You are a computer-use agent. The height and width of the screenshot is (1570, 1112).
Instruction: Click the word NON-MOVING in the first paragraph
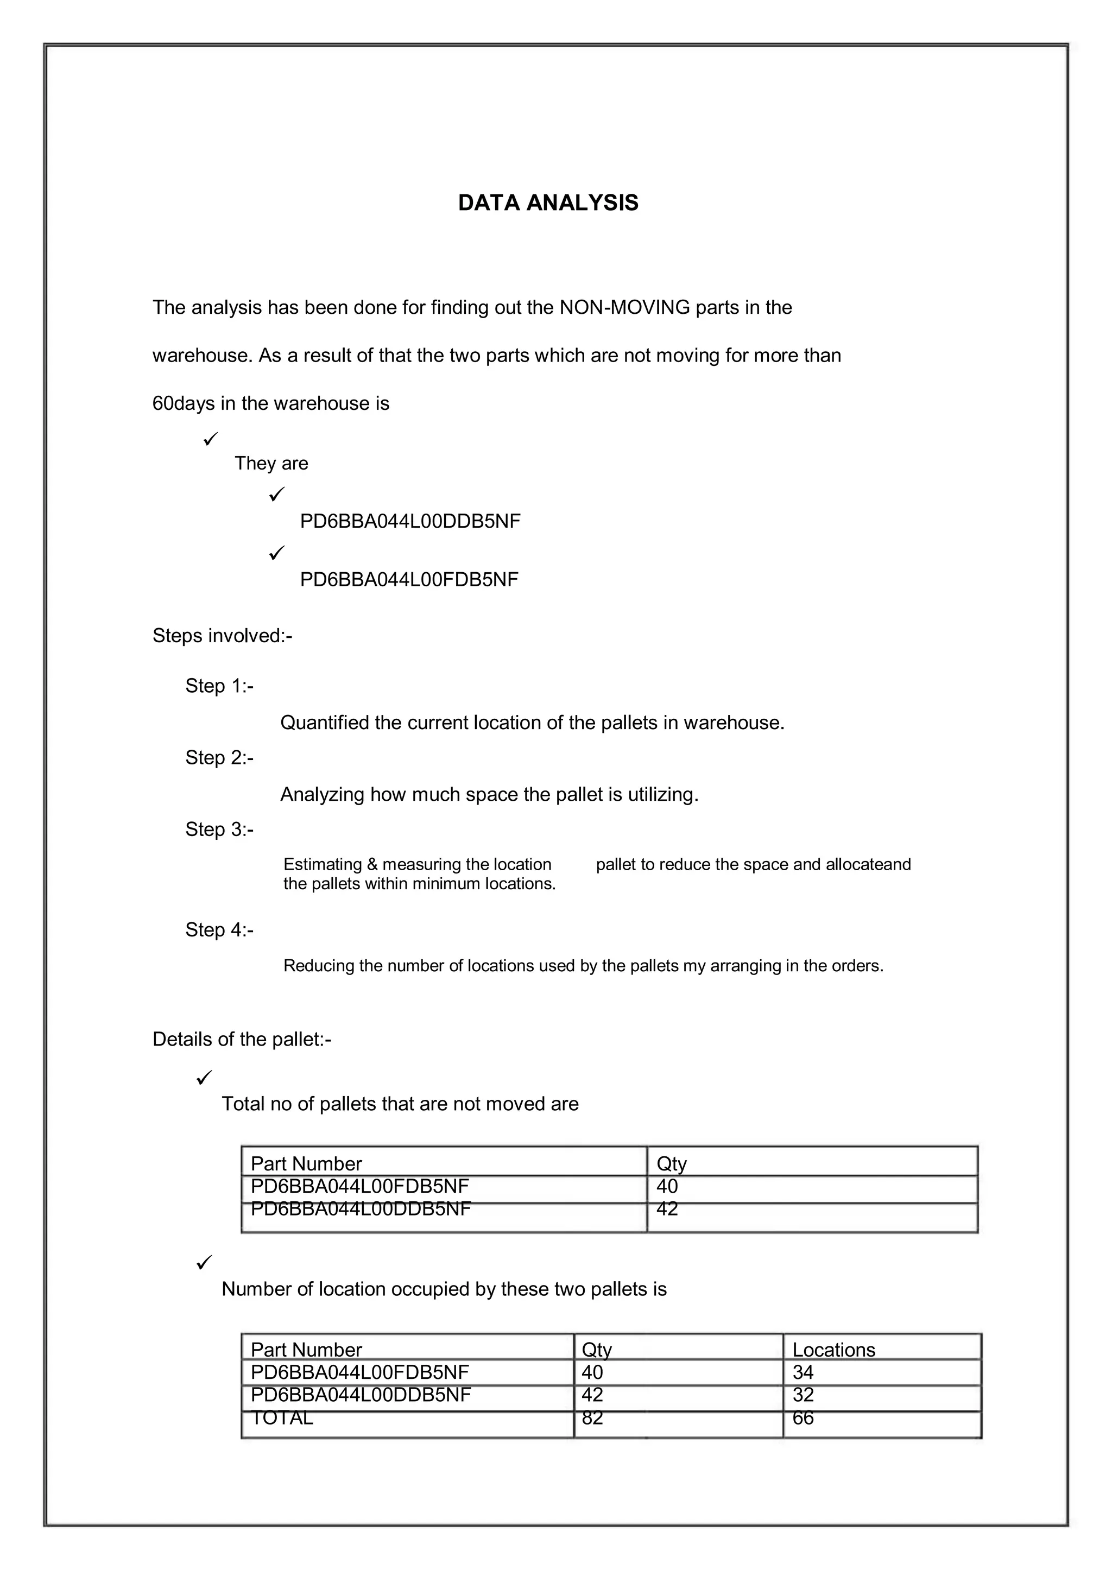[x=624, y=307]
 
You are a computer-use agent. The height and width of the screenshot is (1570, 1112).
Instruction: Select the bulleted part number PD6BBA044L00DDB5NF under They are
[x=410, y=522]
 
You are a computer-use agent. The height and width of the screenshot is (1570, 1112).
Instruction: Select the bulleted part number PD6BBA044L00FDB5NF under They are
[x=409, y=580]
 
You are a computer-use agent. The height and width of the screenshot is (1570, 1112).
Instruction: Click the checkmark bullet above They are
[x=210, y=438]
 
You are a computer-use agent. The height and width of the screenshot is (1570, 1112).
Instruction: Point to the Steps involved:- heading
[x=222, y=636]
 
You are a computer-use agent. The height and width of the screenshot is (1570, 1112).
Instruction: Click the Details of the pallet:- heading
[x=242, y=1040]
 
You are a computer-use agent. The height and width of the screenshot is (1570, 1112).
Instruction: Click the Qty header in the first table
[x=671, y=1164]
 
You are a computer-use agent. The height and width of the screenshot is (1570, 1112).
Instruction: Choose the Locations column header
[x=833, y=1350]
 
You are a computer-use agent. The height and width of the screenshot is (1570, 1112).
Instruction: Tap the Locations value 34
[x=803, y=1373]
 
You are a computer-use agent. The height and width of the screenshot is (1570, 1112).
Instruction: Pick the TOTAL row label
[x=281, y=1418]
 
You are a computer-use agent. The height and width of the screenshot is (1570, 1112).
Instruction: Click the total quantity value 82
[x=592, y=1418]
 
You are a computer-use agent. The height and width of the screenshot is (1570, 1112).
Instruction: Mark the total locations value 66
[x=803, y=1418]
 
